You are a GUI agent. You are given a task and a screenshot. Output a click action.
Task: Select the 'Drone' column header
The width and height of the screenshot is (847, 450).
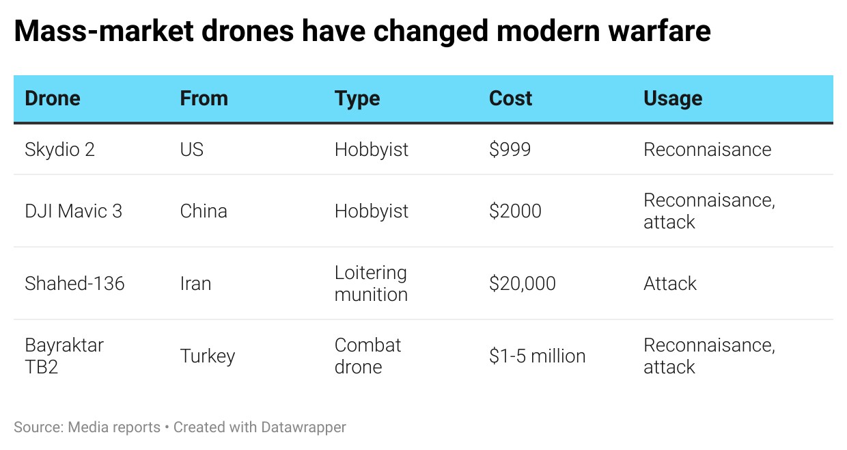[x=53, y=98]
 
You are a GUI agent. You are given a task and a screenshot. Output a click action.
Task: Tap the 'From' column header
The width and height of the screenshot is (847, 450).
[x=204, y=98]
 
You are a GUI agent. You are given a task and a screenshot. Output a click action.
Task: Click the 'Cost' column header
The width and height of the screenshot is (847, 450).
[x=510, y=98]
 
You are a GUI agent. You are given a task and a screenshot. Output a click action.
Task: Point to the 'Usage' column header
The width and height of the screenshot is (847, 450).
[x=673, y=99]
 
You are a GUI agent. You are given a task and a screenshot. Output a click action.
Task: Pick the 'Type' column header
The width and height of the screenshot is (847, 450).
[x=357, y=99]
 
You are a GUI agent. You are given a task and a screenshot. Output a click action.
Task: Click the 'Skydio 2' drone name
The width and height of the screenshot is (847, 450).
[x=59, y=150]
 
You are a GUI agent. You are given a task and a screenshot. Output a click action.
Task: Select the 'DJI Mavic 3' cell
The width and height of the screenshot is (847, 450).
[x=73, y=211]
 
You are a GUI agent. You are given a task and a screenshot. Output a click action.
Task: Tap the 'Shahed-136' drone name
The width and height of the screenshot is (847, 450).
[x=74, y=284]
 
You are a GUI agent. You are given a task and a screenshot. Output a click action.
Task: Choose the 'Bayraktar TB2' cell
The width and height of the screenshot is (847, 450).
[x=64, y=356]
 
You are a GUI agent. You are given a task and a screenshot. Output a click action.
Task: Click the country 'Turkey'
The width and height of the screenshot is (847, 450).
[x=208, y=356]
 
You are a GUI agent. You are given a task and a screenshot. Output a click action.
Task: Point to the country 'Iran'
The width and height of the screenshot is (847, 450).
[x=195, y=284]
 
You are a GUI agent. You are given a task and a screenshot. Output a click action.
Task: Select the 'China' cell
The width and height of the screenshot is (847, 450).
[x=204, y=211]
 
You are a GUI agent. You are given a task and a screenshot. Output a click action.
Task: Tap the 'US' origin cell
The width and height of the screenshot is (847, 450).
[x=192, y=150]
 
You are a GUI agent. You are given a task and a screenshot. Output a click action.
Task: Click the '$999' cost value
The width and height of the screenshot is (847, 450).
[x=510, y=150]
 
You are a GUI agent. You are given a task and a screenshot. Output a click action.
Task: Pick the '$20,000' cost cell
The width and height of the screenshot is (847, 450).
[x=523, y=284]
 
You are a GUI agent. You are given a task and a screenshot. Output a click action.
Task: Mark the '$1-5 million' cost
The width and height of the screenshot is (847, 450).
[x=538, y=356]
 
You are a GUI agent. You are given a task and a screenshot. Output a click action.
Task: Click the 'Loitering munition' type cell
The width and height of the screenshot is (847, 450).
[x=371, y=284]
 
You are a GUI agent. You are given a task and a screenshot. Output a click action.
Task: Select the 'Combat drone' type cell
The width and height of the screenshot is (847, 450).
[x=367, y=356]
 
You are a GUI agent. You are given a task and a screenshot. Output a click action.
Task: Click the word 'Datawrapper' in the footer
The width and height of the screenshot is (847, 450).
[x=303, y=427]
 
